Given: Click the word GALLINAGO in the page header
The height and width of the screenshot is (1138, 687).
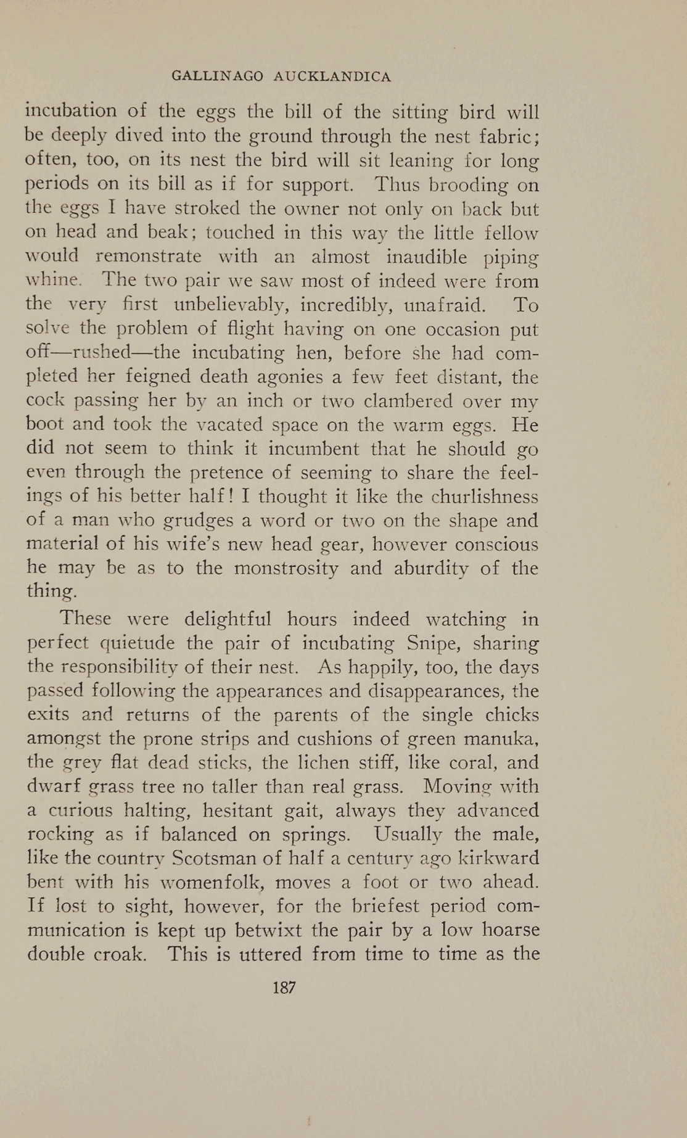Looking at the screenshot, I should [x=217, y=76].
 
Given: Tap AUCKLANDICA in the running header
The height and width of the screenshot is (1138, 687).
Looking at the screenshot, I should [x=332, y=76].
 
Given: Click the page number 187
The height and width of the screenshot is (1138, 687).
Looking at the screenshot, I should [x=284, y=988].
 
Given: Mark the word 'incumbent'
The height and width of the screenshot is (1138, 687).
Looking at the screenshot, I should [x=313, y=448].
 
